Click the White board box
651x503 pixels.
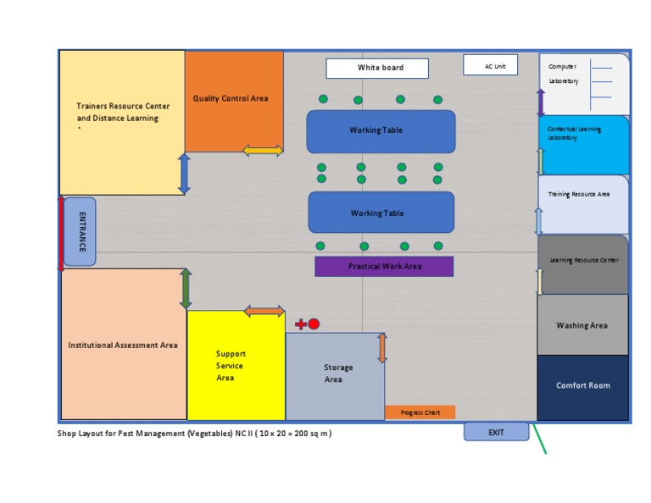(x=377, y=69)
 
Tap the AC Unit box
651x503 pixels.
(x=490, y=65)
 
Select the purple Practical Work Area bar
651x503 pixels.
(x=384, y=267)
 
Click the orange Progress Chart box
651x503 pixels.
(x=420, y=412)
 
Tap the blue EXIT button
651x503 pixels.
(x=496, y=432)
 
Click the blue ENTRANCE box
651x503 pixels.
(x=80, y=231)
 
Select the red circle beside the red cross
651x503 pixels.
(x=314, y=324)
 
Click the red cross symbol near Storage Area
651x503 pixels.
(x=300, y=324)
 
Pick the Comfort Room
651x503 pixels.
(x=583, y=387)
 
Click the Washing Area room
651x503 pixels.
(x=583, y=325)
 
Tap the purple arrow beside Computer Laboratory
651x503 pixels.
(x=541, y=102)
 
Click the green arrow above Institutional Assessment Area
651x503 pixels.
(x=186, y=289)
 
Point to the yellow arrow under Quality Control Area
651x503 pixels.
(x=263, y=151)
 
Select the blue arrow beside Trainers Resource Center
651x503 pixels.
(x=184, y=174)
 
